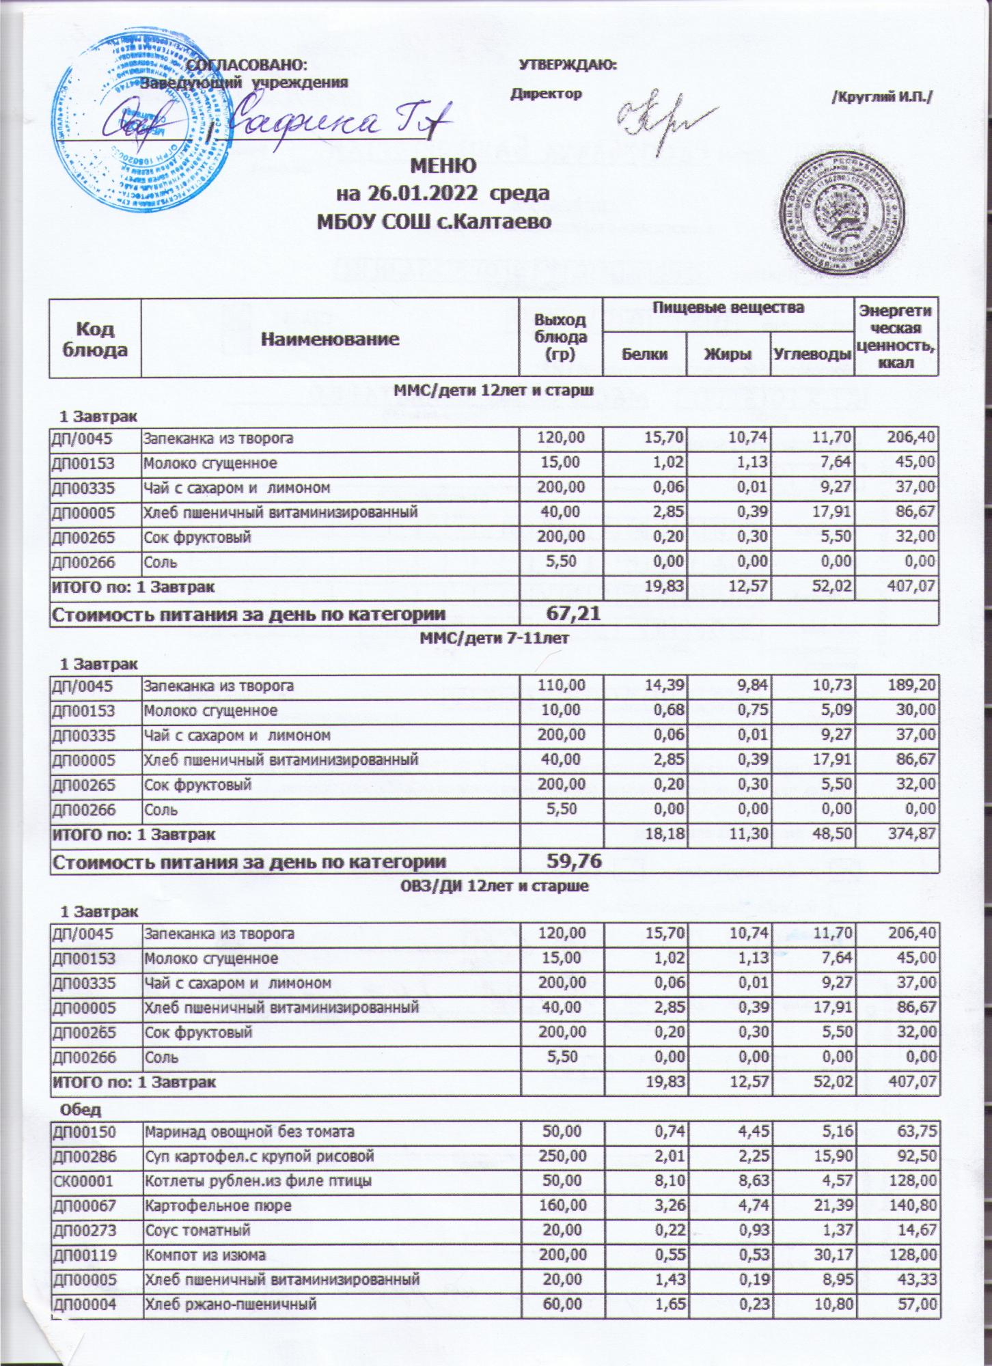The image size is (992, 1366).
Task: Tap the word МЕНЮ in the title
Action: point(443,166)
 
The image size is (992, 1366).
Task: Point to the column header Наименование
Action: point(331,338)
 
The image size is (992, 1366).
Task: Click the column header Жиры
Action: point(728,354)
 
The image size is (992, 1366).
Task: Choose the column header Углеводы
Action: point(812,354)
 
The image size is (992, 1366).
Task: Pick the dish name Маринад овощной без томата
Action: point(249,1132)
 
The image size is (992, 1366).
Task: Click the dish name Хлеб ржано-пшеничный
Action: point(230,1305)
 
